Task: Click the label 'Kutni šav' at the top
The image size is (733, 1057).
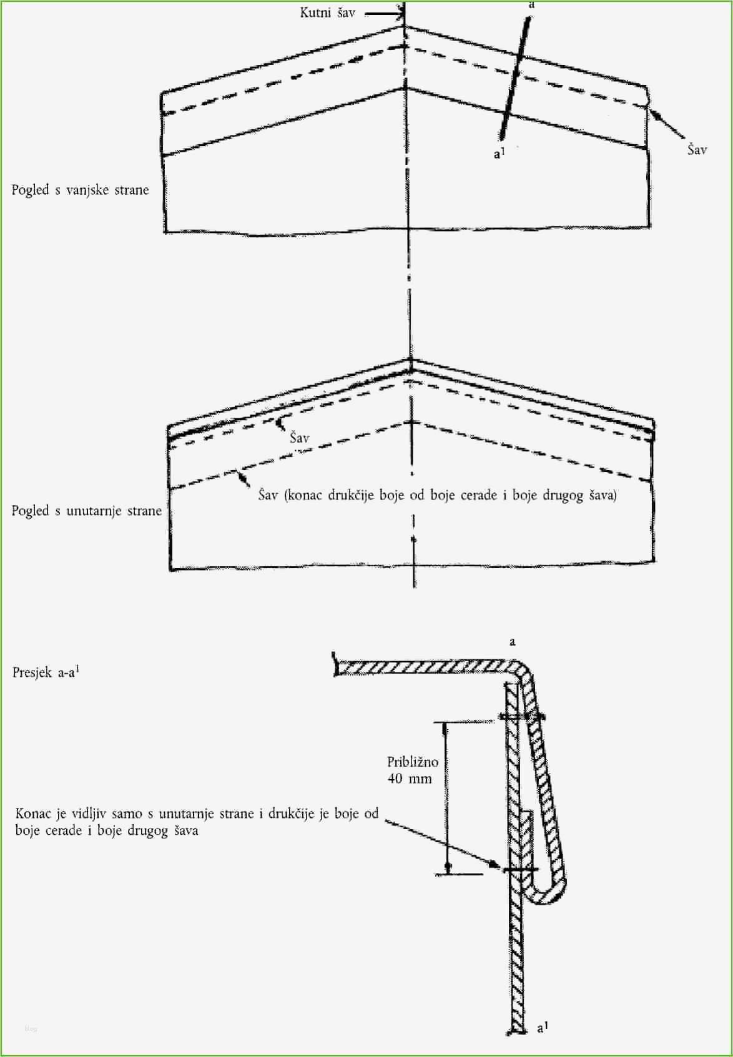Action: pos(327,12)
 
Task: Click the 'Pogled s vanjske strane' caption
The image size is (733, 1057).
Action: pos(80,190)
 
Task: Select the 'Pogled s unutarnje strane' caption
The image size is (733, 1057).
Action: pos(86,511)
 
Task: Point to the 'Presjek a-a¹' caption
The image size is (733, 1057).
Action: pos(46,672)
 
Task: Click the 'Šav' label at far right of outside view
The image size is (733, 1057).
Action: pos(697,150)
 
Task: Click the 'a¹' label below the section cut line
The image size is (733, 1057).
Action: pos(498,152)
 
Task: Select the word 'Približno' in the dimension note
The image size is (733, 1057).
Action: pos(413,762)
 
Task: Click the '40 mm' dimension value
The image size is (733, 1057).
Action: pos(409,779)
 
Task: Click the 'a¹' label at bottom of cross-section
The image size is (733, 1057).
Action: pos(543,1027)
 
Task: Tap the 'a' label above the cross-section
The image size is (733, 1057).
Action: pos(513,642)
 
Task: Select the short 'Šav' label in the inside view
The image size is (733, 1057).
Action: pos(300,438)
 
